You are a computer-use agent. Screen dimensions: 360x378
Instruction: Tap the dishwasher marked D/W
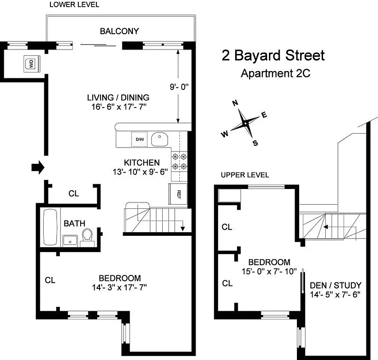click(139, 139)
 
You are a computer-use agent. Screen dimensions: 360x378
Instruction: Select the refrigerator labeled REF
click(178, 194)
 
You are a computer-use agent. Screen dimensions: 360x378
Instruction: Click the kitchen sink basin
click(159, 139)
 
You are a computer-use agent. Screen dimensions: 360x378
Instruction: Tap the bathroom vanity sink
click(69, 240)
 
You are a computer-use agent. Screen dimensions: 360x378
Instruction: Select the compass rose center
click(245, 123)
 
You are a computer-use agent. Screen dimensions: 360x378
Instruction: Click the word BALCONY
click(119, 31)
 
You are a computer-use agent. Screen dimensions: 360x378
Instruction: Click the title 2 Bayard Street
click(273, 56)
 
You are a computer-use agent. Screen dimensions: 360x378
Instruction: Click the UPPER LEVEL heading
click(245, 175)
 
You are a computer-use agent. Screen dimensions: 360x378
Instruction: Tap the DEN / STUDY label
click(336, 285)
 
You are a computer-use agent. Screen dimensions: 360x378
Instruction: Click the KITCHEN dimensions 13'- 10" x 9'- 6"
click(141, 171)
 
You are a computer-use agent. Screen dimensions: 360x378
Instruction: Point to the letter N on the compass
click(235, 103)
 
